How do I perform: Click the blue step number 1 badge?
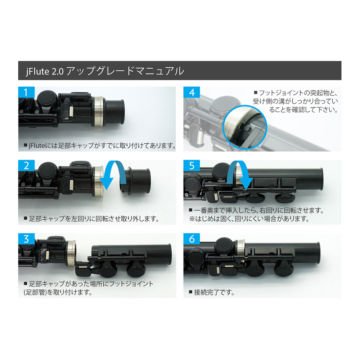click(x=26, y=93)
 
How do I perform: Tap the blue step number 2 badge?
click(x=26, y=166)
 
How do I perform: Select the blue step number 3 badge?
click(x=26, y=239)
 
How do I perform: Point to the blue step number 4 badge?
click(x=192, y=93)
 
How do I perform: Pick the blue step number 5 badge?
click(x=192, y=166)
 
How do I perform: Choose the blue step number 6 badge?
click(x=192, y=239)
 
